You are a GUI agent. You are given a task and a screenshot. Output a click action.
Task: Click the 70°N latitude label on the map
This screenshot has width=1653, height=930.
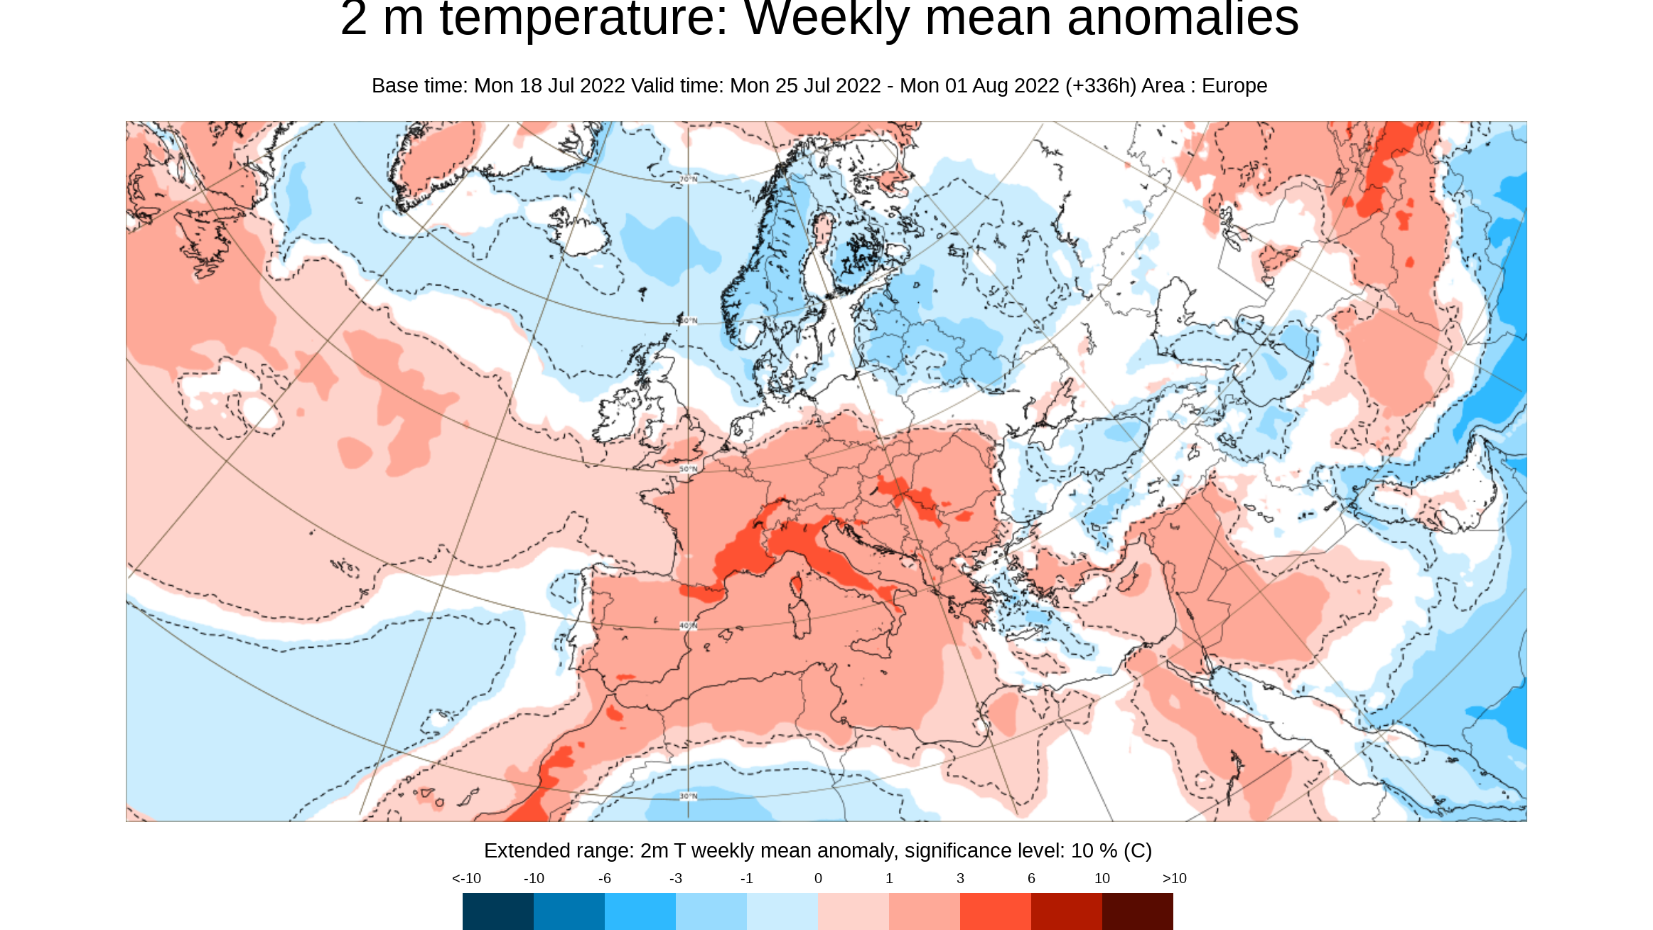[x=688, y=179]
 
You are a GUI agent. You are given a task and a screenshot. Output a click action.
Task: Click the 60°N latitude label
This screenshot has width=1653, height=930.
[x=688, y=321]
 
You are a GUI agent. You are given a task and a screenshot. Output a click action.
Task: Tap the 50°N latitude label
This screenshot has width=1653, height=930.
[x=688, y=469]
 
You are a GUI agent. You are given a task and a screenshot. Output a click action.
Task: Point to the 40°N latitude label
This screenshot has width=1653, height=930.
[x=688, y=626]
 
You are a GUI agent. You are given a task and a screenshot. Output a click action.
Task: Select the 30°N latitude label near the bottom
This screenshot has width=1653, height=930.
[x=688, y=796]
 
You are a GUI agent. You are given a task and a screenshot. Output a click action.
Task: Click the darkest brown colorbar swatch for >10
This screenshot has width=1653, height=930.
[x=1137, y=912]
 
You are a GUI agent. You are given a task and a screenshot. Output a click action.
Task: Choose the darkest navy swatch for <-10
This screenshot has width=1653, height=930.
[x=497, y=912]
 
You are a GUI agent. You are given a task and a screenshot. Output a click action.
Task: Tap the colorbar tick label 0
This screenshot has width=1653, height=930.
[x=818, y=879]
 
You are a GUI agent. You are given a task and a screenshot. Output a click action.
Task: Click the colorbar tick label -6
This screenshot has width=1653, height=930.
[x=604, y=879]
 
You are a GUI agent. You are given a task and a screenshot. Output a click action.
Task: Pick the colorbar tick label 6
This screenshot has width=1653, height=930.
[x=1031, y=879]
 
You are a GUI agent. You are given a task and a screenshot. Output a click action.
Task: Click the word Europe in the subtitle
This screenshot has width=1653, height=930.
[x=1234, y=86]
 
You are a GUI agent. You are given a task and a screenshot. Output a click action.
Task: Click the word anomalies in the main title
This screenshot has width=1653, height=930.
[x=1183, y=20]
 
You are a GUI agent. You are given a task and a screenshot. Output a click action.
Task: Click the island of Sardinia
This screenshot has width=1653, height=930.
[x=801, y=617]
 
